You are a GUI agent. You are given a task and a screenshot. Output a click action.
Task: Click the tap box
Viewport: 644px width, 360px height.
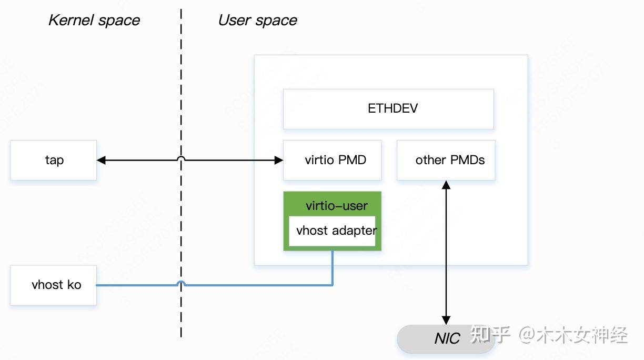(53, 160)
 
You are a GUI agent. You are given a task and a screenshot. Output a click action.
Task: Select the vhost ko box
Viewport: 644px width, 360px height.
(53, 285)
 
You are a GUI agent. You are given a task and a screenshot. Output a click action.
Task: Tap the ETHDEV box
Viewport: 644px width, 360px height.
(388, 109)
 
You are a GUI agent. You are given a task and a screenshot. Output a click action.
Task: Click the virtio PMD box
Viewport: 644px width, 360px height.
(332, 160)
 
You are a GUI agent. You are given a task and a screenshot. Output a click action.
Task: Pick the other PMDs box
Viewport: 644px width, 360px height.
(446, 160)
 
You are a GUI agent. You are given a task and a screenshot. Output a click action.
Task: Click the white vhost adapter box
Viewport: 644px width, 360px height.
(332, 231)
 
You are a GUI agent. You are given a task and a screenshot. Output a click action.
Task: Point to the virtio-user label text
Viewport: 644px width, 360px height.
(337, 206)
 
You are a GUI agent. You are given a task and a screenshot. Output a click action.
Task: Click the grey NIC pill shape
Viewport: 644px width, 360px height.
(446, 338)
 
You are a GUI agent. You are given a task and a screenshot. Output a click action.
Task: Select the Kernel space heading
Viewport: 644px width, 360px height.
(94, 21)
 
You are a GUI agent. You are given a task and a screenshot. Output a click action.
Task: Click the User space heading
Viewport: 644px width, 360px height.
(257, 21)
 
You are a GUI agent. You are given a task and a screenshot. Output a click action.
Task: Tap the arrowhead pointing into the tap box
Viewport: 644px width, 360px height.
(101, 160)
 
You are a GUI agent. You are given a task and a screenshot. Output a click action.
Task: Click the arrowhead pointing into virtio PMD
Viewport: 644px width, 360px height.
(279, 160)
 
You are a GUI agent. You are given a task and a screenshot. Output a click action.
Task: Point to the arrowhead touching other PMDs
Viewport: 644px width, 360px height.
(446, 185)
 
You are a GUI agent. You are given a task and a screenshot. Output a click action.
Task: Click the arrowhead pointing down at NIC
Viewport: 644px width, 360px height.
(446, 320)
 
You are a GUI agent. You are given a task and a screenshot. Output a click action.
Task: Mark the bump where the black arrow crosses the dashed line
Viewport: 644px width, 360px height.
(181, 157)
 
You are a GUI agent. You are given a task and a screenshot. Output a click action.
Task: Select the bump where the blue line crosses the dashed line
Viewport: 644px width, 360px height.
(181, 283)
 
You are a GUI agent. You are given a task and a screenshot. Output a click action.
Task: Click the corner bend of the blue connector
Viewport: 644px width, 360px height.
(333, 285)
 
